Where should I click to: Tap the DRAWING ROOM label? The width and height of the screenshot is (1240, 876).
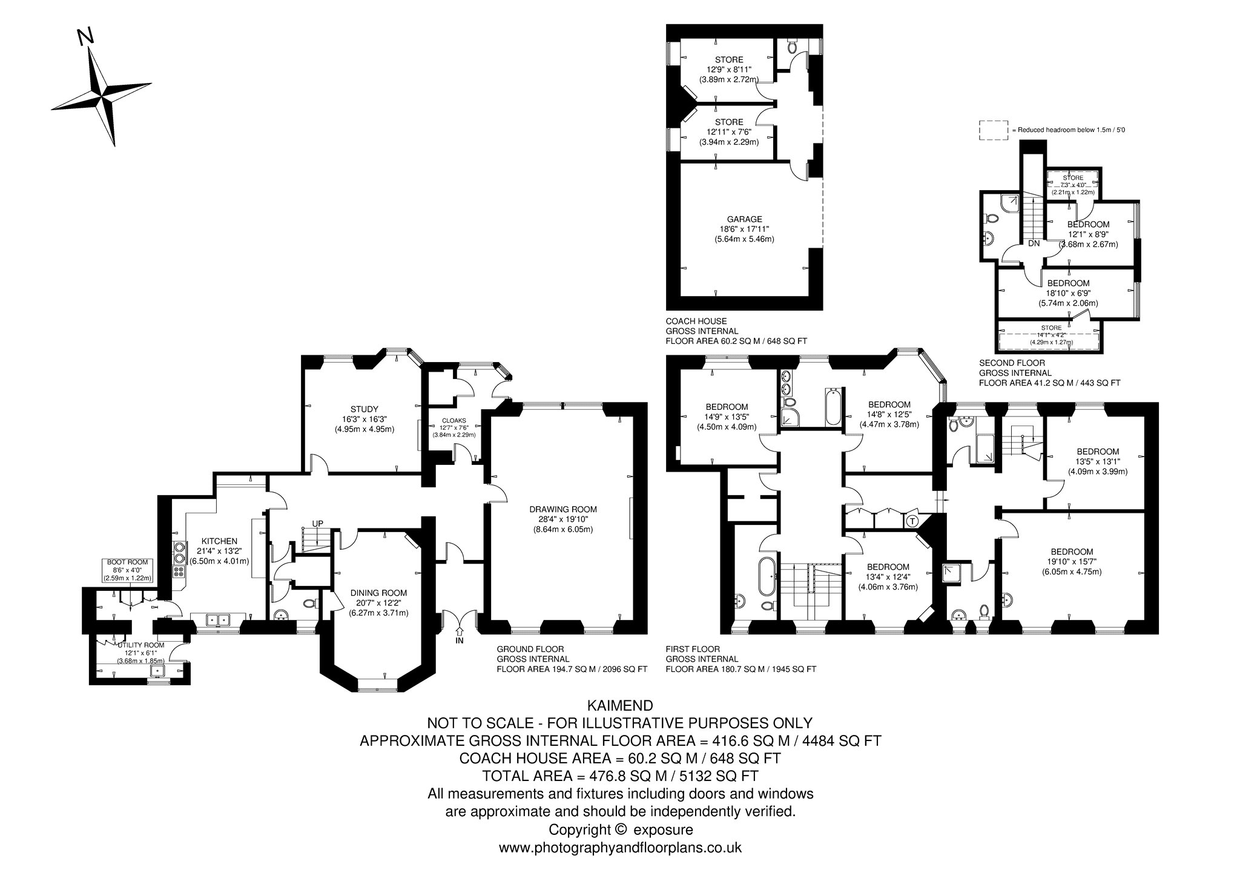[562, 509]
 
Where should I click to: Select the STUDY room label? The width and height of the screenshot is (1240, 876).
[364, 409]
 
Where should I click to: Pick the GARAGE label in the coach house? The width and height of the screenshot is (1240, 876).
[745, 219]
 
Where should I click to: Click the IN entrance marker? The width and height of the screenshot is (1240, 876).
[459, 640]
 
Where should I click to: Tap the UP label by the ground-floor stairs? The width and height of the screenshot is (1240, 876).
[318, 523]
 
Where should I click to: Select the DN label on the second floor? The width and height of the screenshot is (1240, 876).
[1034, 243]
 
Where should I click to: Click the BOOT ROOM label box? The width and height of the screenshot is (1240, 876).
[127, 570]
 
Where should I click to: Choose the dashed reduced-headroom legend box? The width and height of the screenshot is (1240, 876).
[994, 130]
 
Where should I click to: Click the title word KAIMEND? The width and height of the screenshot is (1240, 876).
[620, 705]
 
